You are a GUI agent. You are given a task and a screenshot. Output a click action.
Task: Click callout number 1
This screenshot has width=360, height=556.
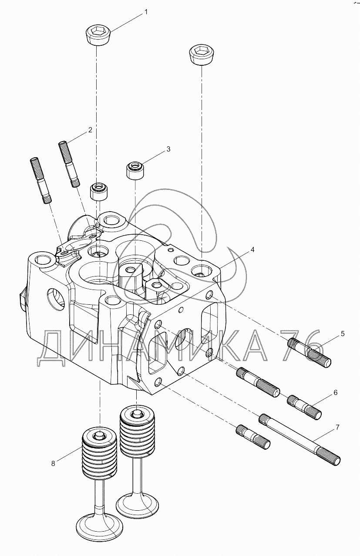click(146, 12)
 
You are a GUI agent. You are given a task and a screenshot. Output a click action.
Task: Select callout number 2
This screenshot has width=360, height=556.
click(90, 129)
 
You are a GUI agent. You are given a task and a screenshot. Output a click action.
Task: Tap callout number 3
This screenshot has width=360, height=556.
click(168, 149)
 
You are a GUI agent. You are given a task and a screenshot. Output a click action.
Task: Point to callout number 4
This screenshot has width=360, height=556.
click(252, 250)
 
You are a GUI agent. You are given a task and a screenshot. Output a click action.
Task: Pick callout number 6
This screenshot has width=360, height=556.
click(335, 392)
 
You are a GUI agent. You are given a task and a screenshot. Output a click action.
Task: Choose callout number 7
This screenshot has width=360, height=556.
click(337, 428)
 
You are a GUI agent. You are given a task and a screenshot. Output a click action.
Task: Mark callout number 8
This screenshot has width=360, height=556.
click(53, 463)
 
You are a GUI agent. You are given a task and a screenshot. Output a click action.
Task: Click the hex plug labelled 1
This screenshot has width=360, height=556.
click(98, 34)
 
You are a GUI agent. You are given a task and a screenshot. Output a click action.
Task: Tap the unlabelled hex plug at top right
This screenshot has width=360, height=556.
click(201, 55)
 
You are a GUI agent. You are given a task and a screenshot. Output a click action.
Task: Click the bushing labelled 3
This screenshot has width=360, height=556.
click(135, 170)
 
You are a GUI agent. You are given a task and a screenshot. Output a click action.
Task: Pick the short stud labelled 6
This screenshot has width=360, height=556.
click(304, 406)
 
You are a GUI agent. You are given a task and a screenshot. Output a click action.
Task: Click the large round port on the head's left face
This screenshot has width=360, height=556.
click(55, 300)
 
